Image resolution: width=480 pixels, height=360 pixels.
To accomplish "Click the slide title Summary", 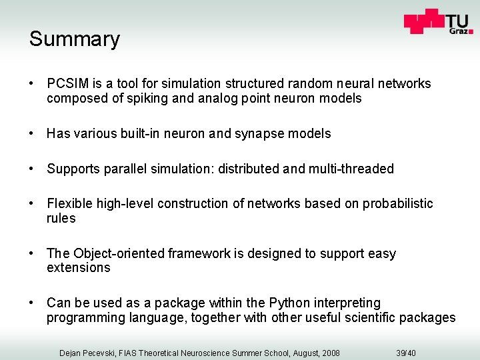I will click(74, 39).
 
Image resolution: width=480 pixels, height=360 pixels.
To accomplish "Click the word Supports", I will click(73, 169).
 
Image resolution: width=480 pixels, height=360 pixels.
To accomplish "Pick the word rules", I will click(61, 219).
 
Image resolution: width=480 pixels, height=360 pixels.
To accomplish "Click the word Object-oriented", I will click(119, 253).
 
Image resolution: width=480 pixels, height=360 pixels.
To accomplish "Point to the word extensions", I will click(79, 268).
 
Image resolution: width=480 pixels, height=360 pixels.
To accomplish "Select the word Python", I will click(292, 303).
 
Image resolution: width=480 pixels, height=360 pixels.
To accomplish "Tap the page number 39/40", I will click(405, 352).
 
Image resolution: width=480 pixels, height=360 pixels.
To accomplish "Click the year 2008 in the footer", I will click(328, 352).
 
